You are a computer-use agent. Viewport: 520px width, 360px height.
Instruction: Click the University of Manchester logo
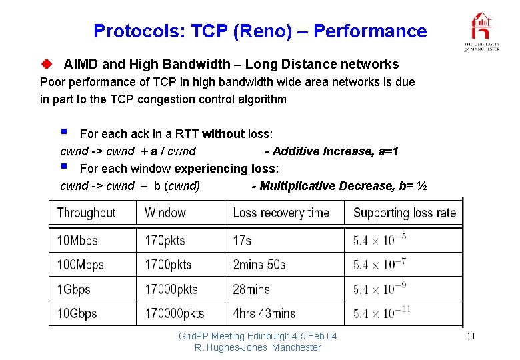pos(482,31)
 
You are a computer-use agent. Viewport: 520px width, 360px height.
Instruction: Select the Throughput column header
pos(86,213)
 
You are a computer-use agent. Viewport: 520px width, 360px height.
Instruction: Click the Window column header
pos(165,213)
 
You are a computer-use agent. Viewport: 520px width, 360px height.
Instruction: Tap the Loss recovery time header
pos(281,213)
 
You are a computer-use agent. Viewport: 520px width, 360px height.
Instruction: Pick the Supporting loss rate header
pos(405,213)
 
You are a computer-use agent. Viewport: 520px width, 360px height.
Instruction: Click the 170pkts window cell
pos(165,241)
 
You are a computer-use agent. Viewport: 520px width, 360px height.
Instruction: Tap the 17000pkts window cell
pos(172,289)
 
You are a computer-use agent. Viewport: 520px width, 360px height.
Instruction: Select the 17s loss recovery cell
pos(242,241)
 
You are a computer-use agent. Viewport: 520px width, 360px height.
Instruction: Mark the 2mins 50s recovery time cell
pos(259,265)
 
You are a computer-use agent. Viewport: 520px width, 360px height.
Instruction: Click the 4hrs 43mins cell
pos(264,313)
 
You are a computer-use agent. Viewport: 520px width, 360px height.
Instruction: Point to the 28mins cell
pos(251,289)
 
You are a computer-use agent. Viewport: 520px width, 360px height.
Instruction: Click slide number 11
pos(471,336)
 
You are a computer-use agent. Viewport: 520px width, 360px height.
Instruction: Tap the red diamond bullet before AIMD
pos(46,65)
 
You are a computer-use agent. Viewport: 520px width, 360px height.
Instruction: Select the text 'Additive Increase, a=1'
pos(335,151)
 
